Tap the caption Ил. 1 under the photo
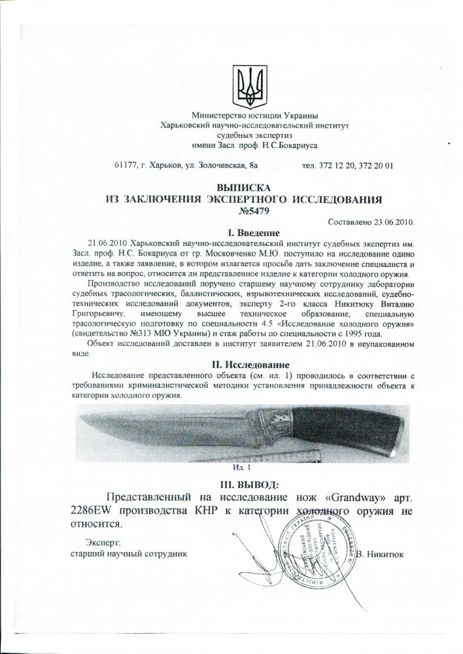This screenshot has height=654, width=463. tap(242, 468)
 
